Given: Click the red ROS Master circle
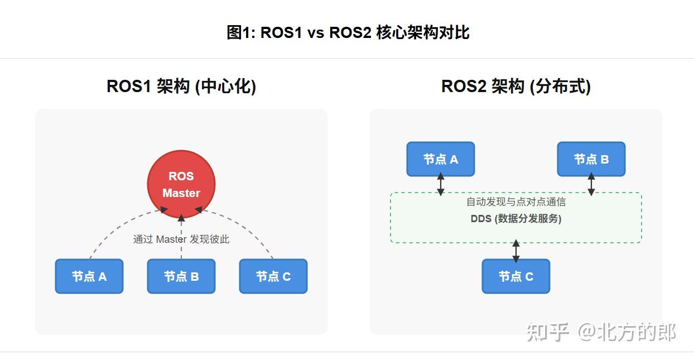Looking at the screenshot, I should (181, 184).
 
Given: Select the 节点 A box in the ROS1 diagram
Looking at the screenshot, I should (89, 276).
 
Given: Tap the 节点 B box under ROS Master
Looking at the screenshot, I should (181, 276).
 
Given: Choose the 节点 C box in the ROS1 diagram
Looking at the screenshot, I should (273, 276).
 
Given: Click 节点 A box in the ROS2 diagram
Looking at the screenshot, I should (441, 159).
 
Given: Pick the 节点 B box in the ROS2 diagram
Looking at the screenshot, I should (591, 159).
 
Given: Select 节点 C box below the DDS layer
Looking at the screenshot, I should (516, 276).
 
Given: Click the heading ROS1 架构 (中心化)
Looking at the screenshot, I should (181, 87).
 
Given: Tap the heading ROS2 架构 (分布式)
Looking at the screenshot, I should (516, 87).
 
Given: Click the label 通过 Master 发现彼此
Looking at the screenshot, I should (181, 239).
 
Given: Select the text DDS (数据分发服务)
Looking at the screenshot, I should (516, 219).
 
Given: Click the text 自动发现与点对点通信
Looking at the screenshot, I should (516, 202).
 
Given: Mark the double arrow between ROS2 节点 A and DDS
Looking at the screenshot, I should (441, 185).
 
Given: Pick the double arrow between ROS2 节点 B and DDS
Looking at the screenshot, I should (591, 185).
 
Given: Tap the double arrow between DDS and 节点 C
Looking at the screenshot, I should (516, 251).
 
